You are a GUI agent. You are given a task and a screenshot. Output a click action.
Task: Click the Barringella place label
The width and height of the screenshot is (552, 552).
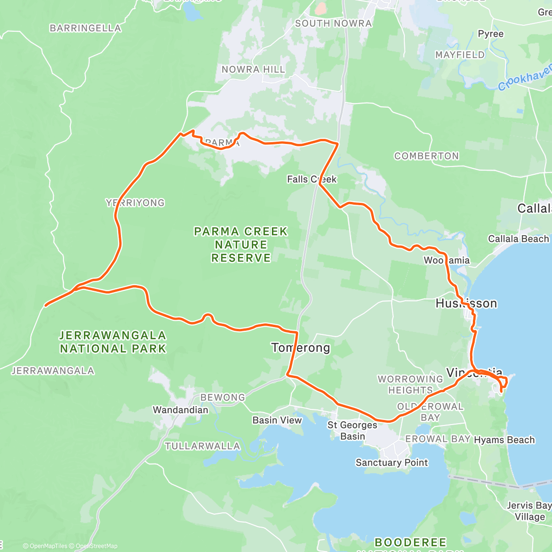(x=85, y=29)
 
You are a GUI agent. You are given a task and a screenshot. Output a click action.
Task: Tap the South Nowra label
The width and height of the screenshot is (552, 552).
(x=333, y=23)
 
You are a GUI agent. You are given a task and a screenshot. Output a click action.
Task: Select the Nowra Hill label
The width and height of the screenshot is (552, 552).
(x=253, y=69)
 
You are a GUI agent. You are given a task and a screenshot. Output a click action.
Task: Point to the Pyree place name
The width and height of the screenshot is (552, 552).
(x=490, y=34)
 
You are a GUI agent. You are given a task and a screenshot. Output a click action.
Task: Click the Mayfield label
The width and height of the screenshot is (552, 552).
(x=460, y=55)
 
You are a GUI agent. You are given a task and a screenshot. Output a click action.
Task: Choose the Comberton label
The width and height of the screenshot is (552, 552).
(x=426, y=156)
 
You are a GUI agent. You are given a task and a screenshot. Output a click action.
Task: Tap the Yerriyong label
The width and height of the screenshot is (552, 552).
(x=135, y=203)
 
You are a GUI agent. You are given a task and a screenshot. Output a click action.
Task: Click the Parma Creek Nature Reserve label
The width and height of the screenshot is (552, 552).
(x=241, y=245)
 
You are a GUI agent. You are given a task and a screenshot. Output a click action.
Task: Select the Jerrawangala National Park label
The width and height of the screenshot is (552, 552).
(x=113, y=342)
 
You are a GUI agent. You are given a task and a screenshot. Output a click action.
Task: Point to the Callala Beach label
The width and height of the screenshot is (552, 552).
(x=518, y=239)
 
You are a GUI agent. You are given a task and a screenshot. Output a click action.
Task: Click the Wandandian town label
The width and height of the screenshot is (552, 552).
(x=180, y=410)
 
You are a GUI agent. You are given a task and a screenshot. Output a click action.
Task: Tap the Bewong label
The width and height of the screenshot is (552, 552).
(x=223, y=397)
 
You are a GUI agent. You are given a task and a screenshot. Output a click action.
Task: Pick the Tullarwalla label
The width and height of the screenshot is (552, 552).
(x=202, y=446)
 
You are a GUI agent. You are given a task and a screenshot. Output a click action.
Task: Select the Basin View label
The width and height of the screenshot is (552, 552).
(x=277, y=420)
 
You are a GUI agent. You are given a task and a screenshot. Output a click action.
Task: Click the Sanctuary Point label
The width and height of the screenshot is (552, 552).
(x=391, y=463)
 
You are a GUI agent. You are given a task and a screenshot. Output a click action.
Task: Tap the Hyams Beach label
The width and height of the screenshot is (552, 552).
(x=504, y=440)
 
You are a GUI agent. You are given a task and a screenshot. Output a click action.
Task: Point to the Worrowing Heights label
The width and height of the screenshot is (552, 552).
(x=410, y=385)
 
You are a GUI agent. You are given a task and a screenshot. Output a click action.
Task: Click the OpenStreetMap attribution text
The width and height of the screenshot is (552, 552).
(x=97, y=546)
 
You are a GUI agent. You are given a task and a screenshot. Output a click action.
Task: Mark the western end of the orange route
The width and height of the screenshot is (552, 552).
(x=45, y=305)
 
